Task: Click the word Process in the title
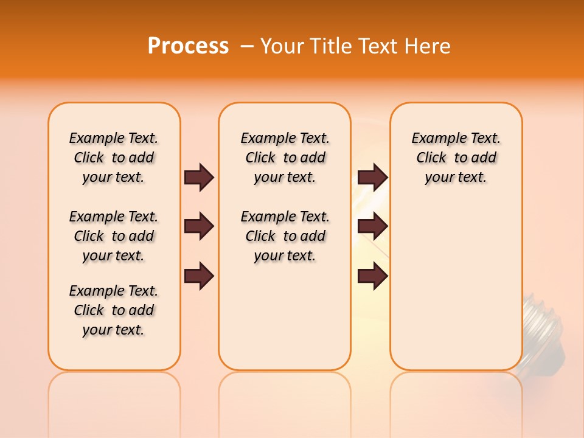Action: pyautogui.click(x=188, y=46)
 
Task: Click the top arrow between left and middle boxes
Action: pyautogui.click(x=199, y=177)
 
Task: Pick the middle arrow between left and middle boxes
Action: pyautogui.click(x=199, y=227)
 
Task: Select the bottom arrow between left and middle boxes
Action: pyautogui.click(x=199, y=276)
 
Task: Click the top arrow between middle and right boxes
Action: pyautogui.click(x=372, y=177)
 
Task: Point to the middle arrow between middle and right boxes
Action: pyautogui.click(x=372, y=227)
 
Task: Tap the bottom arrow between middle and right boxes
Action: pyautogui.click(x=372, y=276)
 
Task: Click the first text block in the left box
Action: pyautogui.click(x=114, y=158)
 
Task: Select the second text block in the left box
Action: pyautogui.click(x=114, y=236)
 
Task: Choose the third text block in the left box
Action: pyautogui.click(x=114, y=310)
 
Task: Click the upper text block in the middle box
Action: pyautogui.click(x=285, y=158)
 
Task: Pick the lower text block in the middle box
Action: pyautogui.click(x=285, y=236)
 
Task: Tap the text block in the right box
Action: pyautogui.click(x=456, y=158)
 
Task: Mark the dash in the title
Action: pyautogui.click(x=247, y=46)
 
